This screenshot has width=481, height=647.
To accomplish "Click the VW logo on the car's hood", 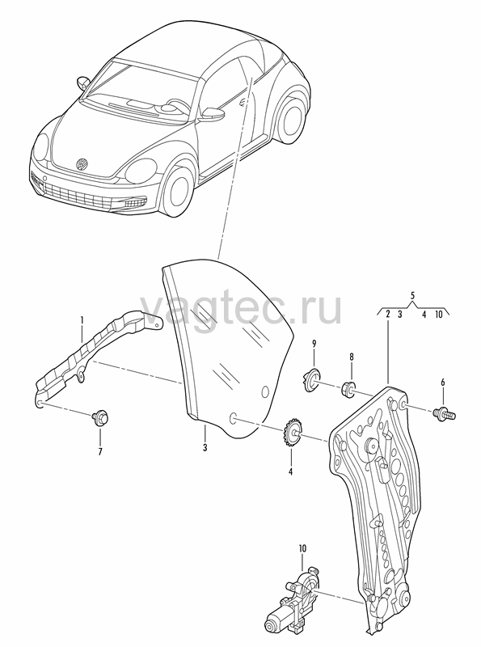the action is click(82, 164).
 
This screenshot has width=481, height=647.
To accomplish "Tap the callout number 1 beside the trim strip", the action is click(82, 319).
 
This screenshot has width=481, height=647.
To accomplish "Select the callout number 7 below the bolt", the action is click(99, 452).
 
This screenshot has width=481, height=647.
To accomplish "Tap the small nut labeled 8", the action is click(348, 389).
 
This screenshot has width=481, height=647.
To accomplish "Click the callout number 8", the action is click(352, 357).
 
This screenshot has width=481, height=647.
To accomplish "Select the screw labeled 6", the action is click(445, 413).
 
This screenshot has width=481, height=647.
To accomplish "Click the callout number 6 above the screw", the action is click(443, 383).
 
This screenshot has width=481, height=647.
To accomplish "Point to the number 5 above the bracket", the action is click(412, 295).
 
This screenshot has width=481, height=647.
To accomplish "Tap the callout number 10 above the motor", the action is click(303, 549).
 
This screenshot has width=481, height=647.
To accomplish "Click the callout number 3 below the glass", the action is click(205, 448).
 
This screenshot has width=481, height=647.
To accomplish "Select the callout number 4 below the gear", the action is click(290, 472).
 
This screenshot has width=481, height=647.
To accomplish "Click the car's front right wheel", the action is click(177, 192).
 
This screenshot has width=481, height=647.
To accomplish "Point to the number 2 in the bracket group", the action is click(388, 315).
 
